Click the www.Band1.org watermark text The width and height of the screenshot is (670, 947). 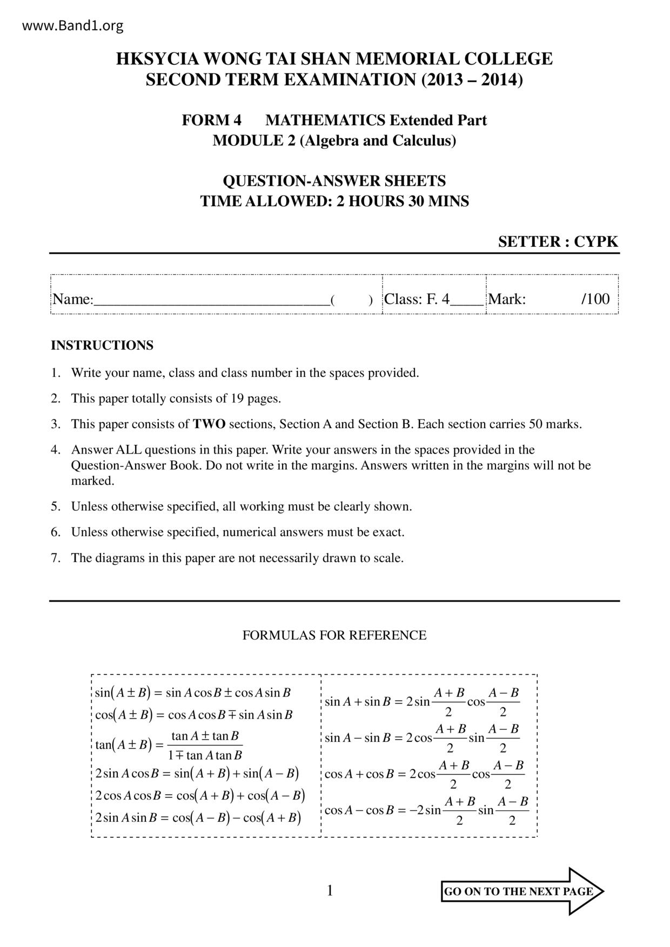(x=73, y=25)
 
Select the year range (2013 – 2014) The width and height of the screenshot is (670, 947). (x=472, y=80)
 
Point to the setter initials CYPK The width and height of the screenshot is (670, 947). (x=595, y=241)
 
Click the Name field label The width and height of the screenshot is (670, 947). (x=72, y=299)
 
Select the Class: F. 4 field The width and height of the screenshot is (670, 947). (x=417, y=299)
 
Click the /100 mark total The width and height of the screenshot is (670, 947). (x=595, y=299)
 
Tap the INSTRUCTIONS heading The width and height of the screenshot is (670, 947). (x=102, y=346)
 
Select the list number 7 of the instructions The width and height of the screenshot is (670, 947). (x=55, y=558)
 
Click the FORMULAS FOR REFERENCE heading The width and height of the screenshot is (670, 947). (x=334, y=635)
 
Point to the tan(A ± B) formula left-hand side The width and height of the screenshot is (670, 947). (x=122, y=745)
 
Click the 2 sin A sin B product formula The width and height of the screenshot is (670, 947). (x=198, y=817)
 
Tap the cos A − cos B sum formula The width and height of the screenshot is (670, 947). (x=426, y=810)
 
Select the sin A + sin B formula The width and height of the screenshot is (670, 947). (x=421, y=702)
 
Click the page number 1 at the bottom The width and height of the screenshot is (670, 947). (x=330, y=890)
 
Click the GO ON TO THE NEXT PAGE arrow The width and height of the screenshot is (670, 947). (x=522, y=891)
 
